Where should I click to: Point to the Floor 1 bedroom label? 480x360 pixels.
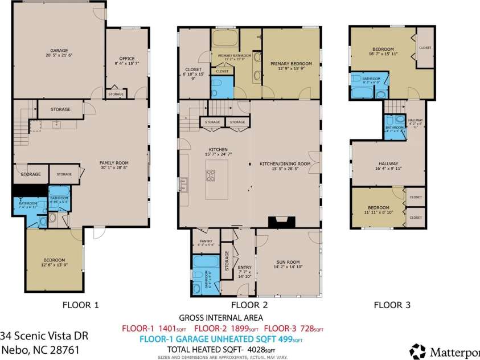click(55, 262)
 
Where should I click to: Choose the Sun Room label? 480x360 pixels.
click(288, 263)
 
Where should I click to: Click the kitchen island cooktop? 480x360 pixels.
click(211, 175)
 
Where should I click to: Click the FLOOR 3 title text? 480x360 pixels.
click(392, 305)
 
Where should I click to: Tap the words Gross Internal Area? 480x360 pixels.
click(221, 317)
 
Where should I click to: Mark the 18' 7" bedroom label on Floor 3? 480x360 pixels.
click(378, 53)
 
